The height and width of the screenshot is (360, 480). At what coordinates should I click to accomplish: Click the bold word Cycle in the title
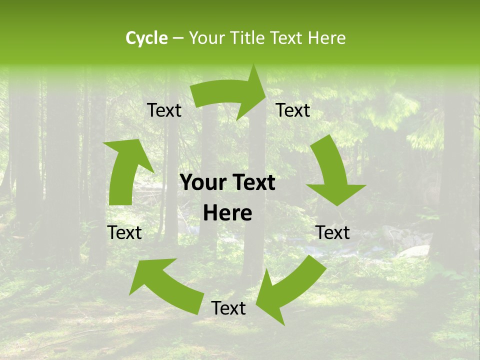pos(146,38)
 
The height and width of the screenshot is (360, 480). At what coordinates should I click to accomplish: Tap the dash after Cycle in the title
pos(177,38)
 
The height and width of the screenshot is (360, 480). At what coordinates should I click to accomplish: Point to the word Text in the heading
pos(287,38)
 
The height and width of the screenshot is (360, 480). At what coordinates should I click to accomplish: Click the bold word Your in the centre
pos(202,183)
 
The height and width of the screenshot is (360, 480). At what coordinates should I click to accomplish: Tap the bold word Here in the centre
pos(227,213)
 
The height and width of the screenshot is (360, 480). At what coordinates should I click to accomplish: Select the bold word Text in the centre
pos(253,183)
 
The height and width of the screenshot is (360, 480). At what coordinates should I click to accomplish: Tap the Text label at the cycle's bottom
pos(228,308)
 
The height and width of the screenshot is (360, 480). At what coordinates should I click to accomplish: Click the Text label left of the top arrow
pos(164,110)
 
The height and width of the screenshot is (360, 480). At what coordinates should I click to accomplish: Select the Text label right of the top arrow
pos(293,110)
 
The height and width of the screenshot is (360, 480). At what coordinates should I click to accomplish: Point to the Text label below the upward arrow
pos(124,232)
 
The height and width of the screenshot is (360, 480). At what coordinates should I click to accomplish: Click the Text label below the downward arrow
pos(333,232)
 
